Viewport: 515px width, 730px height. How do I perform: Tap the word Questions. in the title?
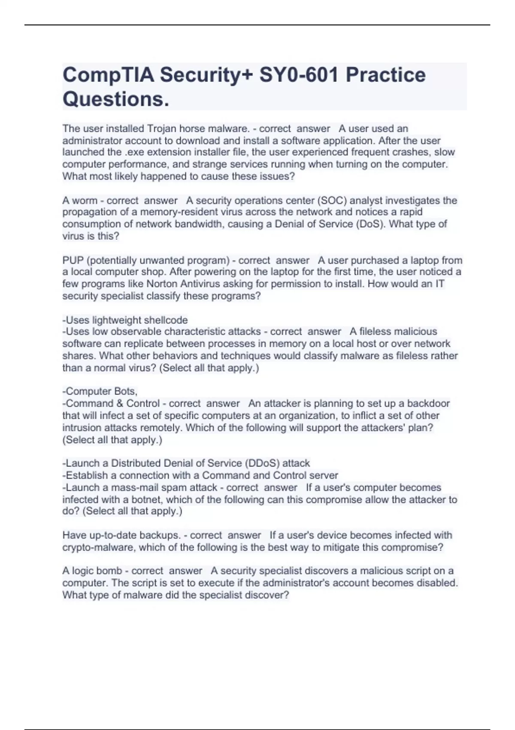(116, 100)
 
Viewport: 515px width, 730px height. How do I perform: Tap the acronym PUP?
(73, 260)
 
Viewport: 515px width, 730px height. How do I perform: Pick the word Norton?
(163, 284)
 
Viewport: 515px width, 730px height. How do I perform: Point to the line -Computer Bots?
(100, 391)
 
